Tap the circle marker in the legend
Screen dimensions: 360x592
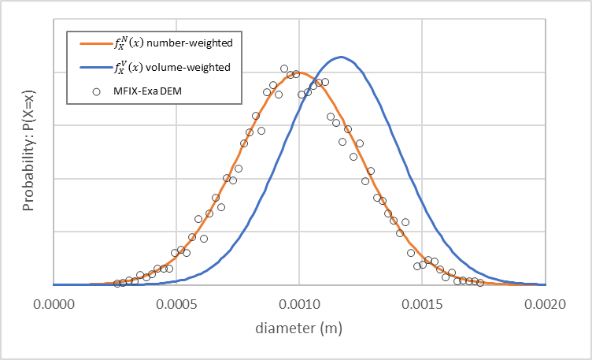[x=96, y=91]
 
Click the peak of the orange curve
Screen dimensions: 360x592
[x=298, y=73]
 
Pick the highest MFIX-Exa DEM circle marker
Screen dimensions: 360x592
[x=284, y=69]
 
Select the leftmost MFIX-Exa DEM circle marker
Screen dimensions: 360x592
[x=117, y=283]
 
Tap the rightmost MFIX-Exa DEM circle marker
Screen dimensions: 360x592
[x=479, y=282]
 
